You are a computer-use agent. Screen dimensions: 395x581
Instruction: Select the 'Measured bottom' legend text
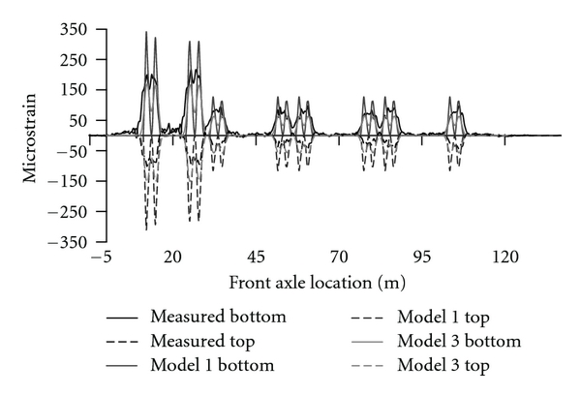coord(218,316)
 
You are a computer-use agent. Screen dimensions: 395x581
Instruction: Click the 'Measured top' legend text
coord(206,341)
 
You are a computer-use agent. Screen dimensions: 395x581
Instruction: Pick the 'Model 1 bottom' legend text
coord(212,365)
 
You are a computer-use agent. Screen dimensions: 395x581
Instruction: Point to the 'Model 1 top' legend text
coord(442,316)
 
